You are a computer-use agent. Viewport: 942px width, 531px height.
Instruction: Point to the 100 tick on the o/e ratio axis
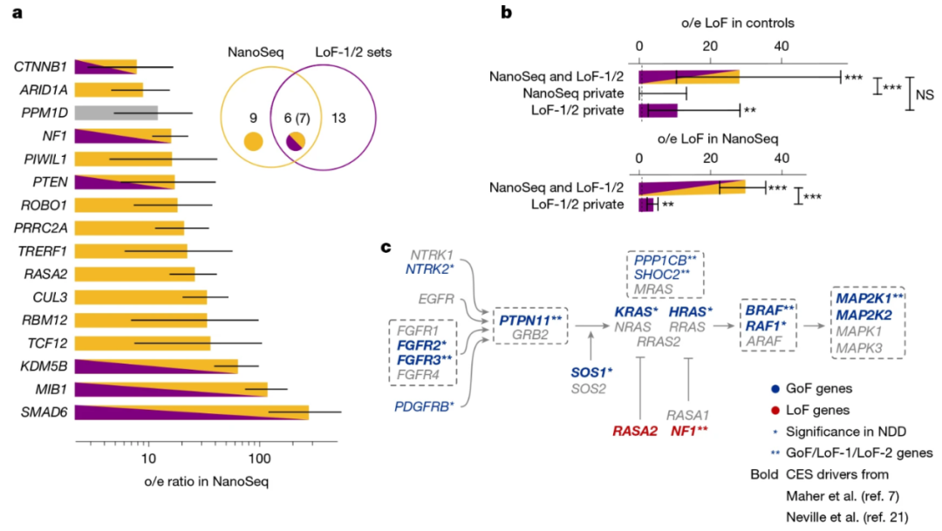coord(259,456)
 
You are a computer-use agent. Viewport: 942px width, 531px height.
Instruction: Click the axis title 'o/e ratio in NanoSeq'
coord(192,481)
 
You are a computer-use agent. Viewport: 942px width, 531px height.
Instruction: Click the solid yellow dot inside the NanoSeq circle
coord(253,140)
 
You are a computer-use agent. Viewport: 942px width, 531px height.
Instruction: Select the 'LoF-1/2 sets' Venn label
coord(352,52)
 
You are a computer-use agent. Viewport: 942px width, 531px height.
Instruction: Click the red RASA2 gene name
coord(634,430)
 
